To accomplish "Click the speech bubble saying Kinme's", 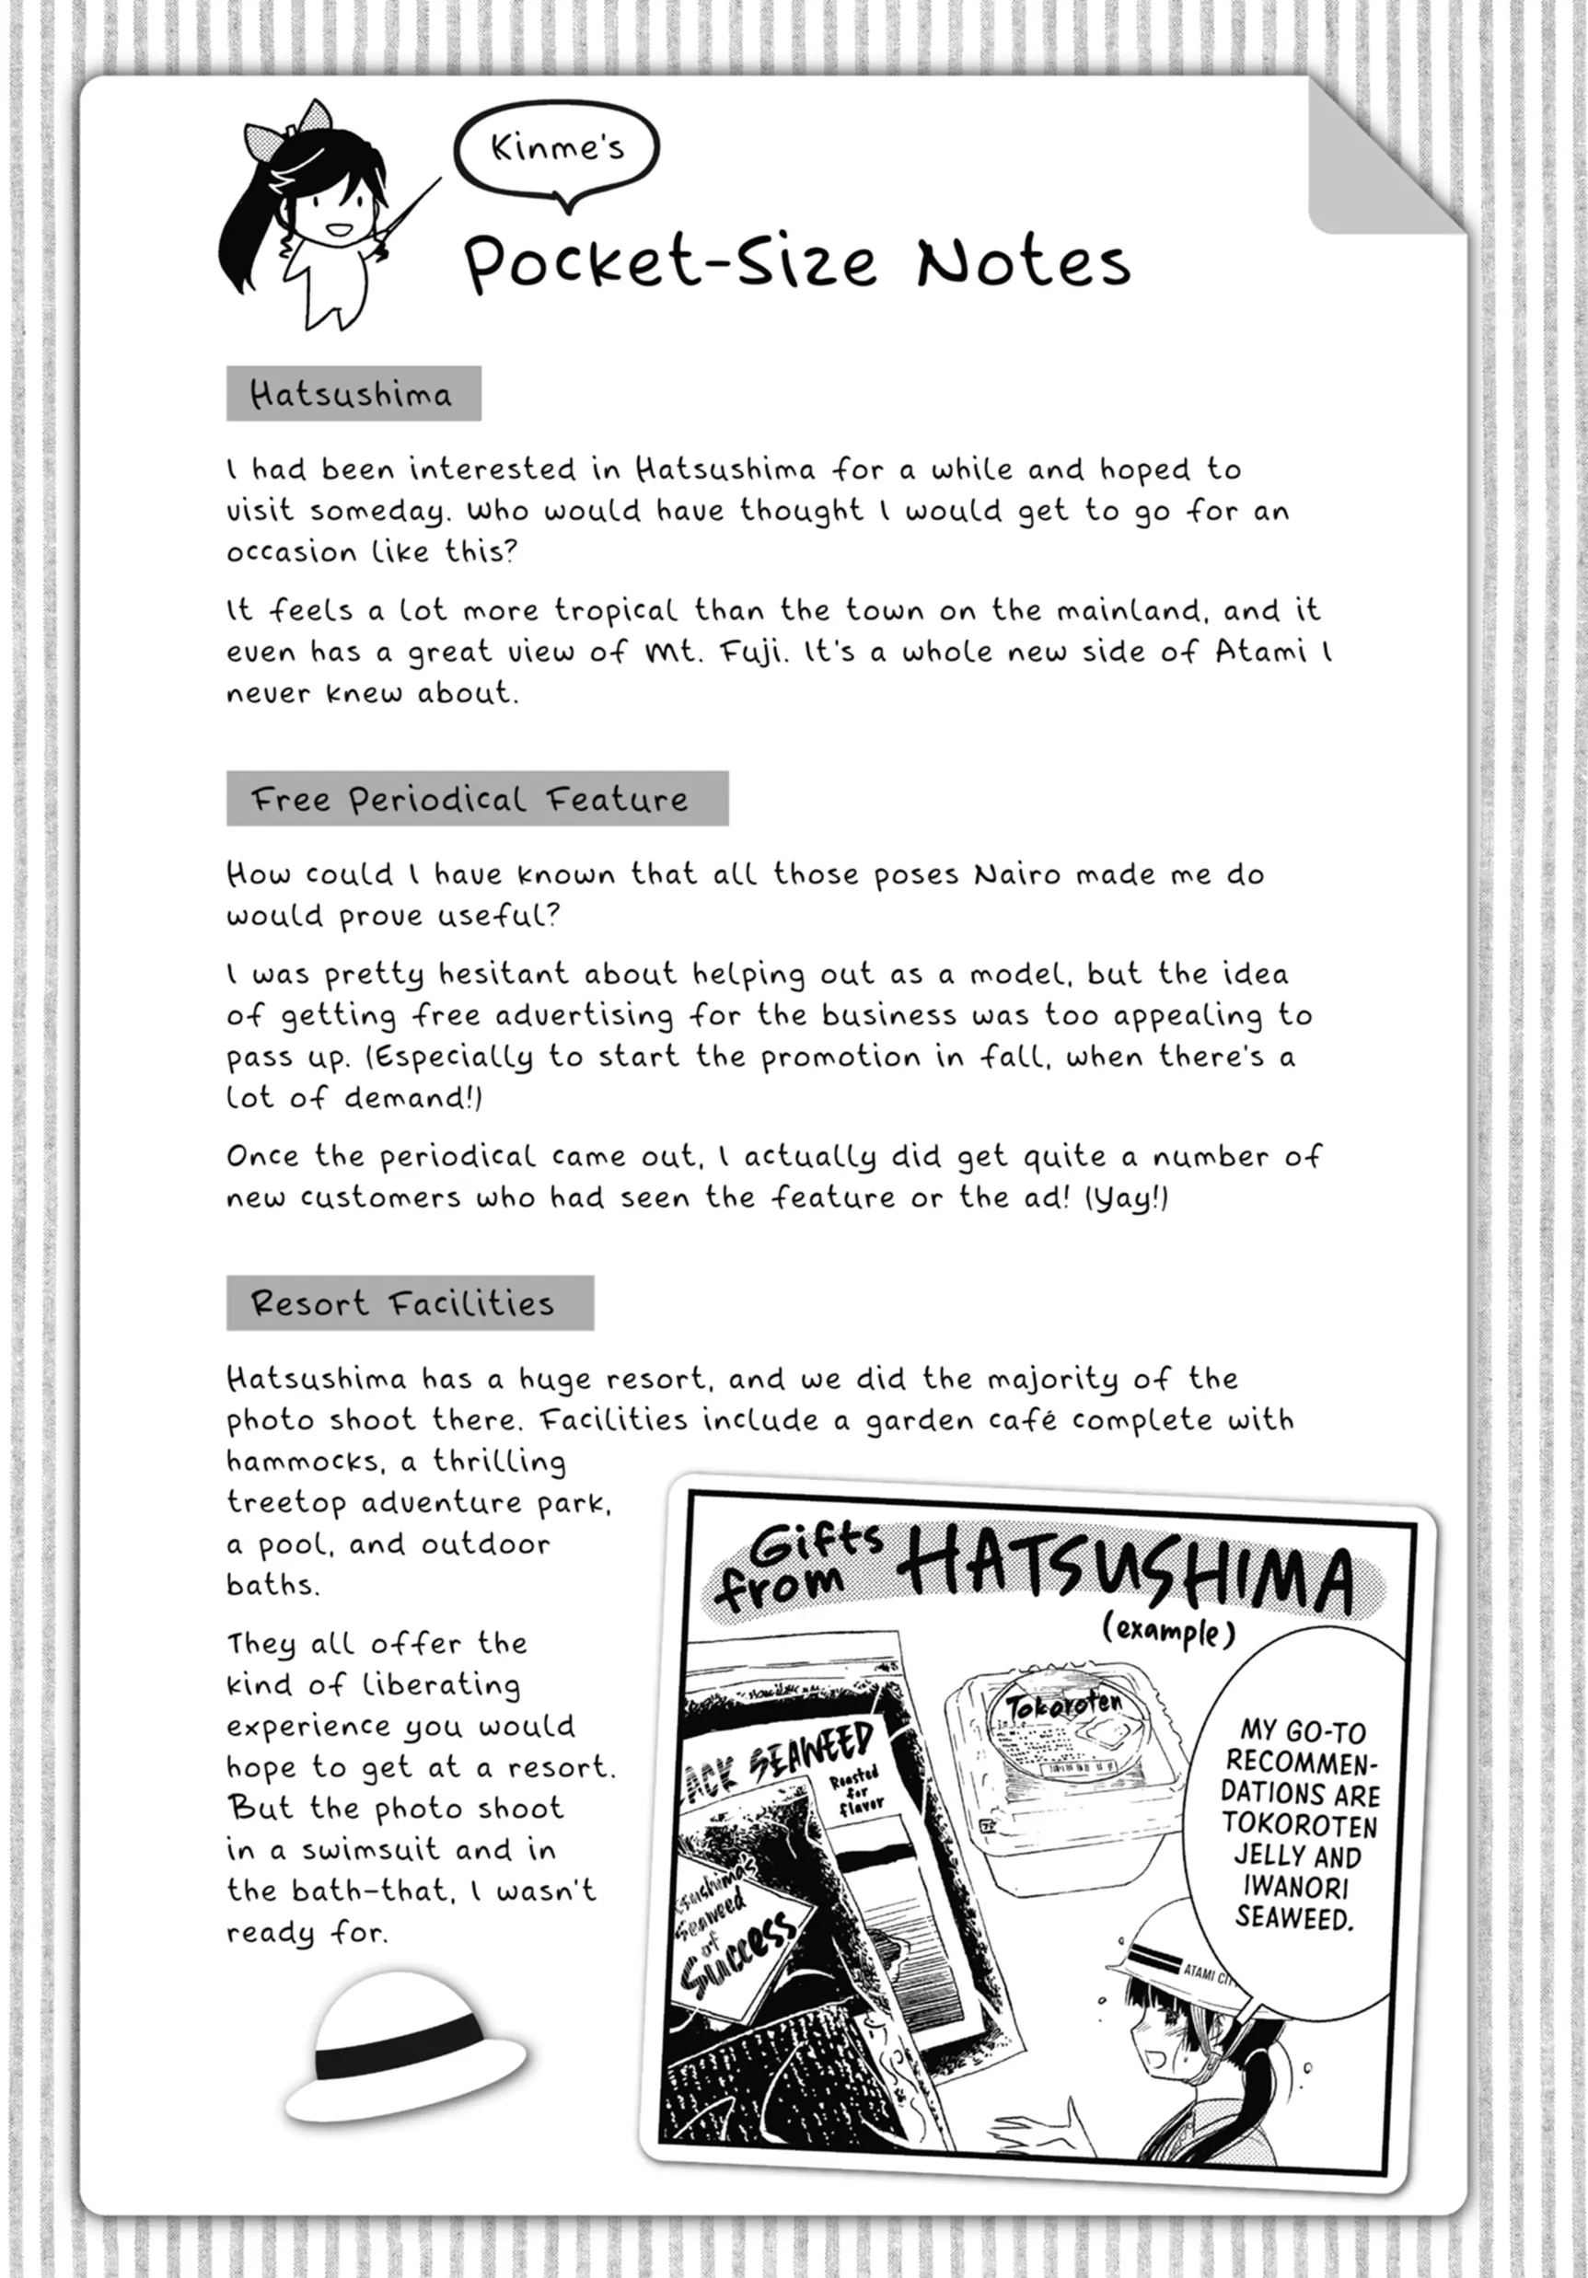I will coord(557,149).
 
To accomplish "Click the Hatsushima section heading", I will coord(353,394).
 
